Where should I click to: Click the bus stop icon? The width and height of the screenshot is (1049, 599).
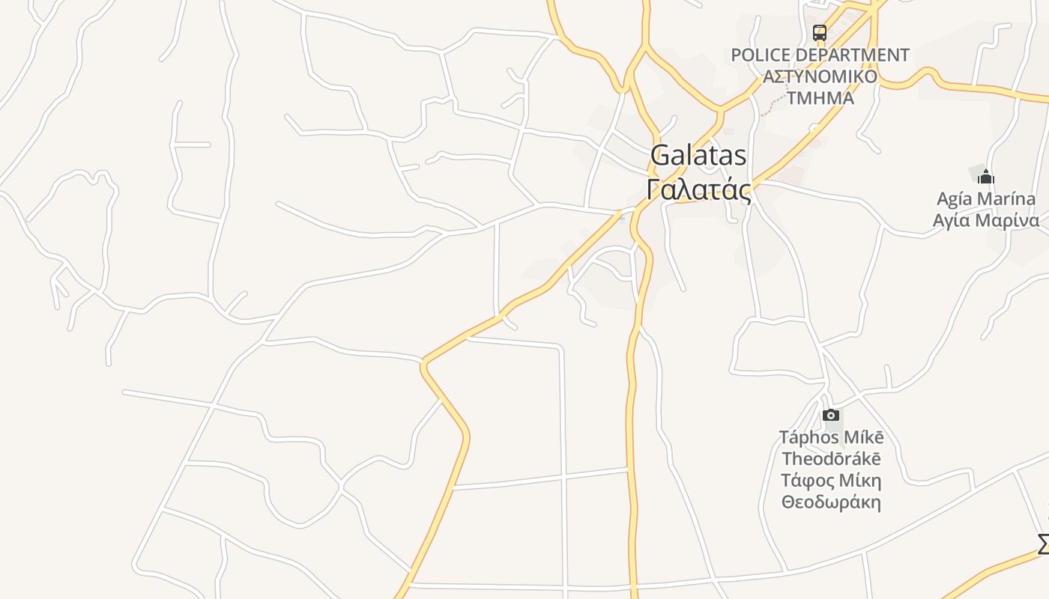820,33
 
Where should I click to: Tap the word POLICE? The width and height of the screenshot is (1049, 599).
760,55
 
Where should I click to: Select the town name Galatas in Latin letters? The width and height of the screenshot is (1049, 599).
698,156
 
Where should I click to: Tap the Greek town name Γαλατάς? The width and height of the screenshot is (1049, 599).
698,189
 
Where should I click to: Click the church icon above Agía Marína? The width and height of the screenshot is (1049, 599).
986,177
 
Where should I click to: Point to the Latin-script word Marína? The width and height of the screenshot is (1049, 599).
1006,199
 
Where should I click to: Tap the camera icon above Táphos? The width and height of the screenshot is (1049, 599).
830,416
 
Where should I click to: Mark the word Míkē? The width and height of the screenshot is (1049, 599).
865,437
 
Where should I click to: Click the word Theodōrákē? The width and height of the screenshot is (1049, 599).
831,459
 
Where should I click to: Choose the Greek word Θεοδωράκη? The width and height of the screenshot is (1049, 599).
831,502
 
